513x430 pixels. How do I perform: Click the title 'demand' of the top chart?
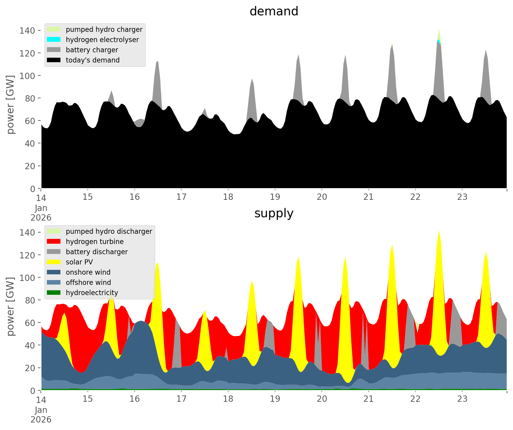274,11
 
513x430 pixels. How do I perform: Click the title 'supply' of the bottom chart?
274,213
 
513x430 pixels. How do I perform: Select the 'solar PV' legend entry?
79,262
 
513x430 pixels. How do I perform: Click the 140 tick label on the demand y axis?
27,31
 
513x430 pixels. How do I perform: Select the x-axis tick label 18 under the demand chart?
228,197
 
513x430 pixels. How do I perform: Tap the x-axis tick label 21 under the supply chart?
368,399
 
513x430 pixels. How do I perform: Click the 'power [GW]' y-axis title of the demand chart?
11,105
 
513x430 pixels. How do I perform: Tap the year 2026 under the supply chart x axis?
41,419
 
